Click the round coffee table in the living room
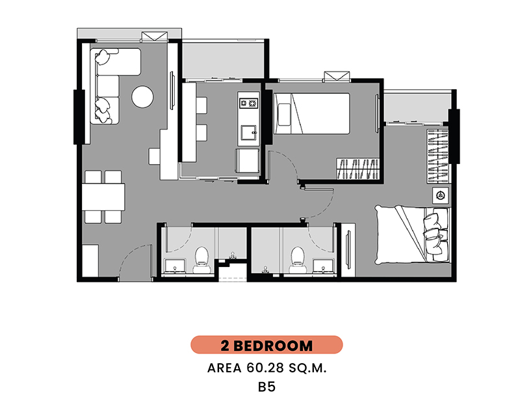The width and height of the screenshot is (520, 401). pos(142,97)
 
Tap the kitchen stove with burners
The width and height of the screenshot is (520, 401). pos(249,103)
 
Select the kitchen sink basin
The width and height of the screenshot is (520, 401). pos(249,133)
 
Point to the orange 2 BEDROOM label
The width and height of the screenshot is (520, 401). pos(266,345)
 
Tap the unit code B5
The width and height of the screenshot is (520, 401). pos(266,387)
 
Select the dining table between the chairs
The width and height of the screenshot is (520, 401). pos(103,197)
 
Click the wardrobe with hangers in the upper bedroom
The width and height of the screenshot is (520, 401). pos(358,169)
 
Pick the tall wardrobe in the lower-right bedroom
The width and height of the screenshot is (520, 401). pos(437,156)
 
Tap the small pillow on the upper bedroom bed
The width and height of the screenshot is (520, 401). pos(284,115)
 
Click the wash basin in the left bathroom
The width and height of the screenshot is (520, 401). pos(175,266)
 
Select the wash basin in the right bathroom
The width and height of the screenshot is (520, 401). pos(323,266)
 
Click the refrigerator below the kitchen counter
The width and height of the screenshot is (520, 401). pos(248,161)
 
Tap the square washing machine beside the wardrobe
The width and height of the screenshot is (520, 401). pos(441,195)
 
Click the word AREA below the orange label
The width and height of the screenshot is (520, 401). pos(224,368)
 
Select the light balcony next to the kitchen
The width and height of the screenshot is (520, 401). pos(223,60)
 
